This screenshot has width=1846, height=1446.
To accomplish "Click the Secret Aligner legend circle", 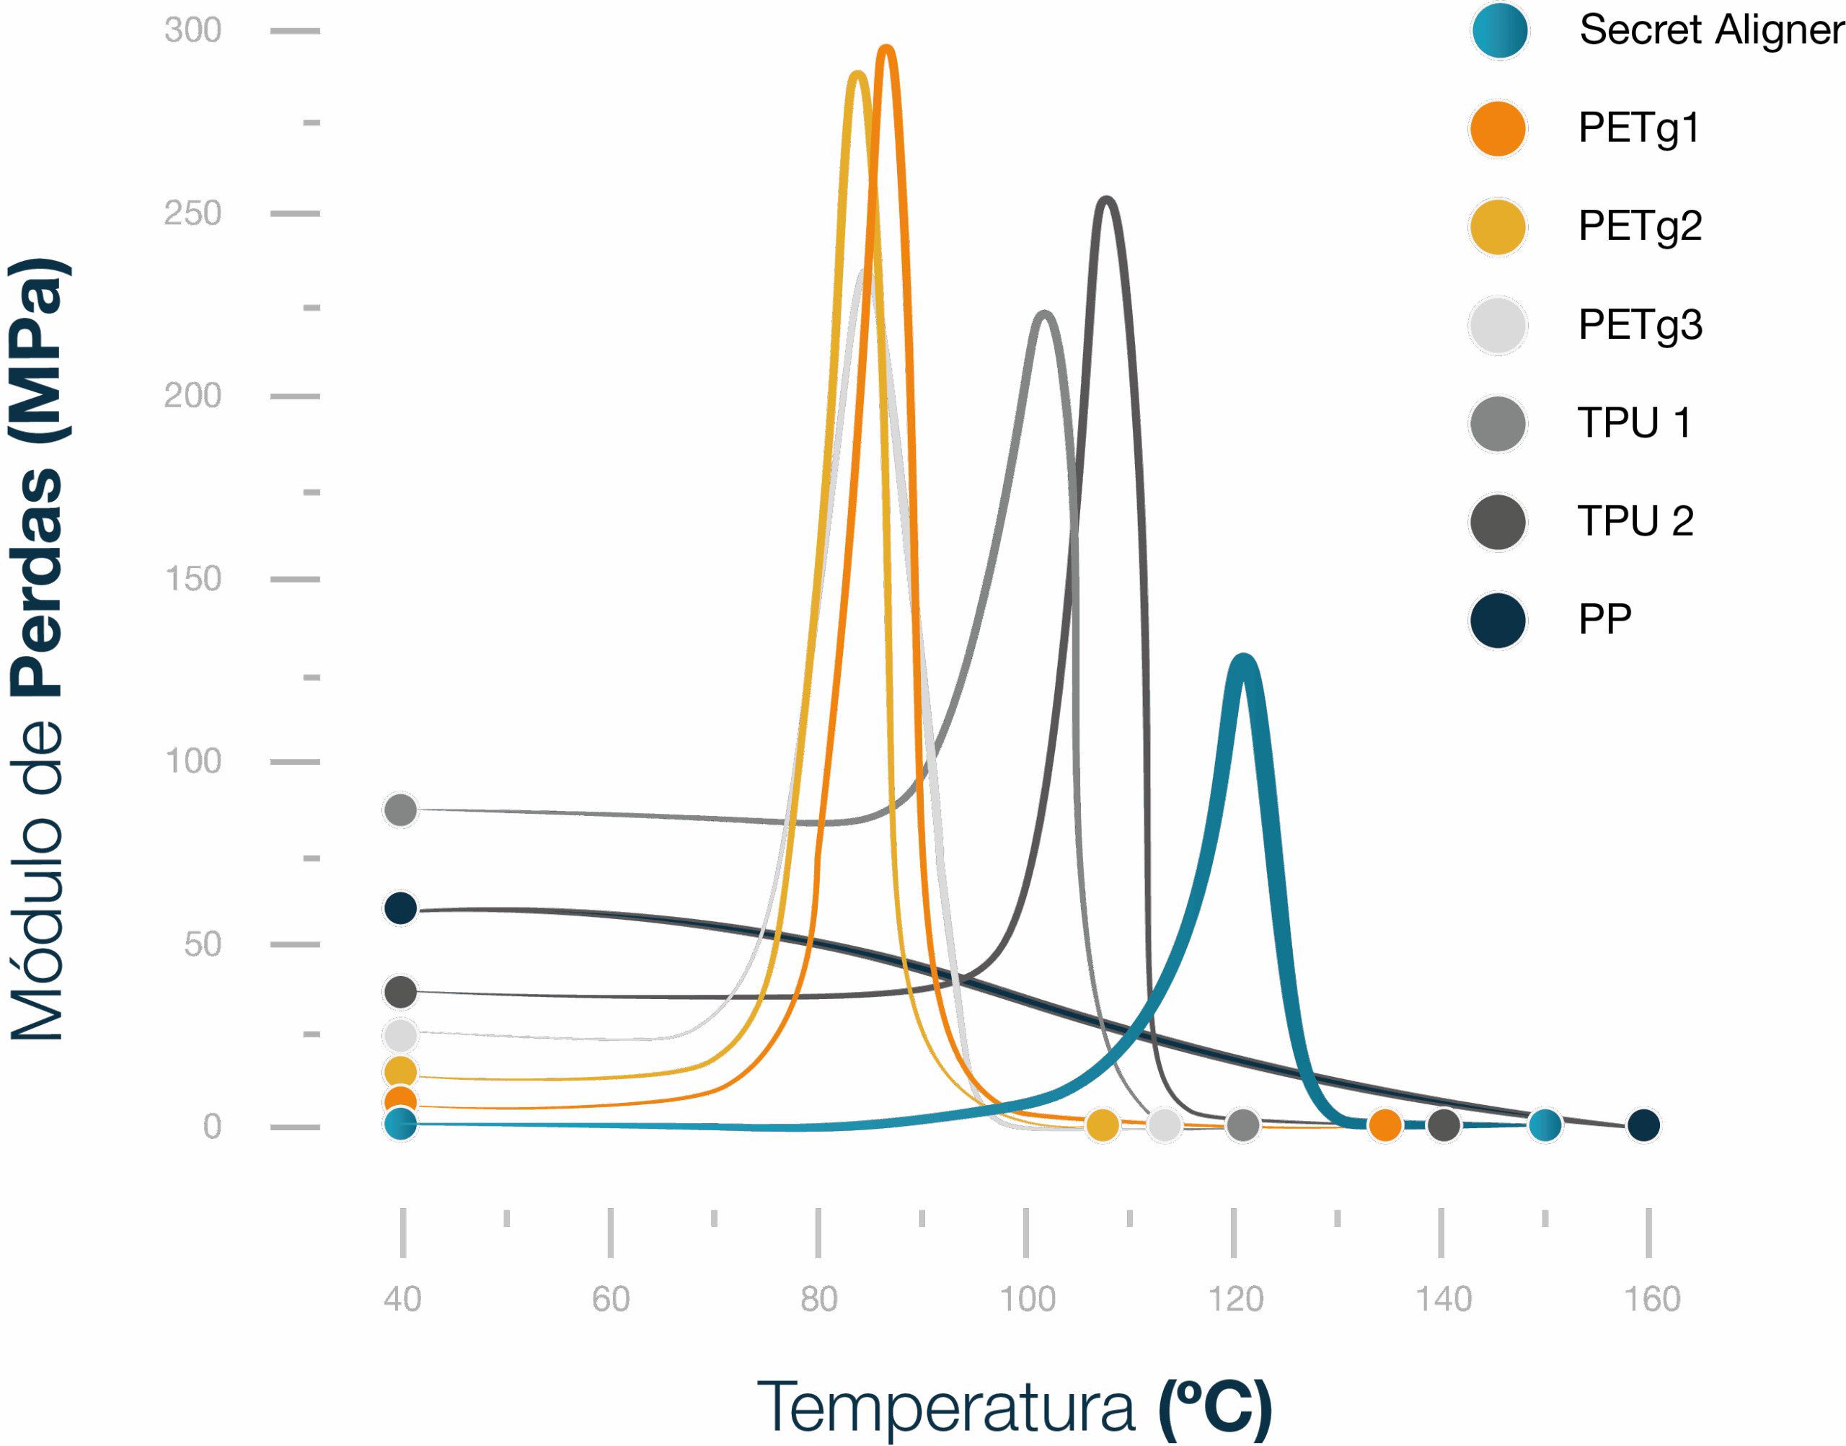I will pyautogui.click(x=1500, y=30).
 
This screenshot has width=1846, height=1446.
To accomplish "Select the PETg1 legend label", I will pyautogui.click(x=1638, y=129).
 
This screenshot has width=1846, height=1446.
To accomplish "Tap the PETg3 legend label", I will pyautogui.click(x=1640, y=325).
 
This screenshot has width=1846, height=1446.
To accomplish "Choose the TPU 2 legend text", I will pyautogui.click(x=1635, y=520).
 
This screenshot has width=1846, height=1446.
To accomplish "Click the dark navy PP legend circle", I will pyautogui.click(x=1498, y=621).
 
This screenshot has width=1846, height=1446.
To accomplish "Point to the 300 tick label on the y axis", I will pyautogui.click(x=193, y=30).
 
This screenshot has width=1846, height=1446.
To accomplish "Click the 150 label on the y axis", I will pyautogui.click(x=193, y=579).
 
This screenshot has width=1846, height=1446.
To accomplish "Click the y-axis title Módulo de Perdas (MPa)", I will pyautogui.click(x=38, y=650).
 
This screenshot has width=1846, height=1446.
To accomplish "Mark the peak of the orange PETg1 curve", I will pyautogui.click(x=886, y=49).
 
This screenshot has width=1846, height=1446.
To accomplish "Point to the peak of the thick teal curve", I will pyautogui.click(x=1242, y=659).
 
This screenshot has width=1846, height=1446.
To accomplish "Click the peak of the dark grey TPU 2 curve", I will pyautogui.click(x=1106, y=200).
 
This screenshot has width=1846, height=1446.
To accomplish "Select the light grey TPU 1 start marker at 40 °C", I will pyautogui.click(x=400, y=810).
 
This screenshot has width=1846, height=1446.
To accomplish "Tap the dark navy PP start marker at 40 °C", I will pyautogui.click(x=400, y=908).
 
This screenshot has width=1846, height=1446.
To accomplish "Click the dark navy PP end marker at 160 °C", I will pyautogui.click(x=1643, y=1125).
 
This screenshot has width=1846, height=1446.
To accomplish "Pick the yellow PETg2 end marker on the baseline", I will pyautogui.click(x=1103, y=1125).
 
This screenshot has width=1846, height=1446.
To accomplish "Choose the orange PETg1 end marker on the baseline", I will pyautogui.click(x=1385, y=1125).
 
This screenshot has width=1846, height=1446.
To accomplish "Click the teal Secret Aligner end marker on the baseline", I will pyautogui.click(x=1545, y=1125).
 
